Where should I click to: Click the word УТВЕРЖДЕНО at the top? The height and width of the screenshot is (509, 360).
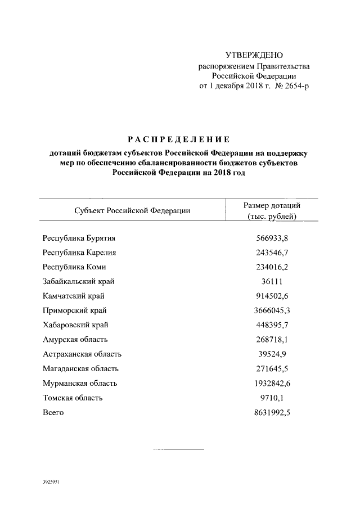click(254, 55)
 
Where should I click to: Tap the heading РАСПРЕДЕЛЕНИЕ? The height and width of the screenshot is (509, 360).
click(178, 139)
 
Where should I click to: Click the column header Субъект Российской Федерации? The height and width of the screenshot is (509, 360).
click(132, 211)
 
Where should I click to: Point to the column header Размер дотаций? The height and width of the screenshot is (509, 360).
click(272, 205)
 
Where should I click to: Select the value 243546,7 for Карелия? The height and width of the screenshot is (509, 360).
click(272, 252)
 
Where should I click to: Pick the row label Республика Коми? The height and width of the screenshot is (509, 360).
click(74, 267)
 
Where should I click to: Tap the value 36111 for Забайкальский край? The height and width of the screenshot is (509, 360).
click(272, 281)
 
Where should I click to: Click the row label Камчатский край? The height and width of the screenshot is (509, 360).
click(74, 296)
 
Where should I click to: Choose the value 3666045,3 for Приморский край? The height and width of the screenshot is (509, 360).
click(272, 310)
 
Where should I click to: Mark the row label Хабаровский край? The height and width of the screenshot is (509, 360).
click(75, 325)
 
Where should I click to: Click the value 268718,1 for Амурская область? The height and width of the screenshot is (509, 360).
click(272, 340)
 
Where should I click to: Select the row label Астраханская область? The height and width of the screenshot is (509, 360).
click(82, 354)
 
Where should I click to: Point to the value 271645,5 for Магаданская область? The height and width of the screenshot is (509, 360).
click(272, 369)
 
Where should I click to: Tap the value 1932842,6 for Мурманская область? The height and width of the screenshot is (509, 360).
click(272, 384)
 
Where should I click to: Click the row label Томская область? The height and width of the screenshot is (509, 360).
click(73, 398)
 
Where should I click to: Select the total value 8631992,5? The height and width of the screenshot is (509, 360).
click(272, 413)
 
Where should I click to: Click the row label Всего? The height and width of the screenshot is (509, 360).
click(53, 413)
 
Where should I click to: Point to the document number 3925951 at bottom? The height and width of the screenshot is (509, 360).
click(52, 483)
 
